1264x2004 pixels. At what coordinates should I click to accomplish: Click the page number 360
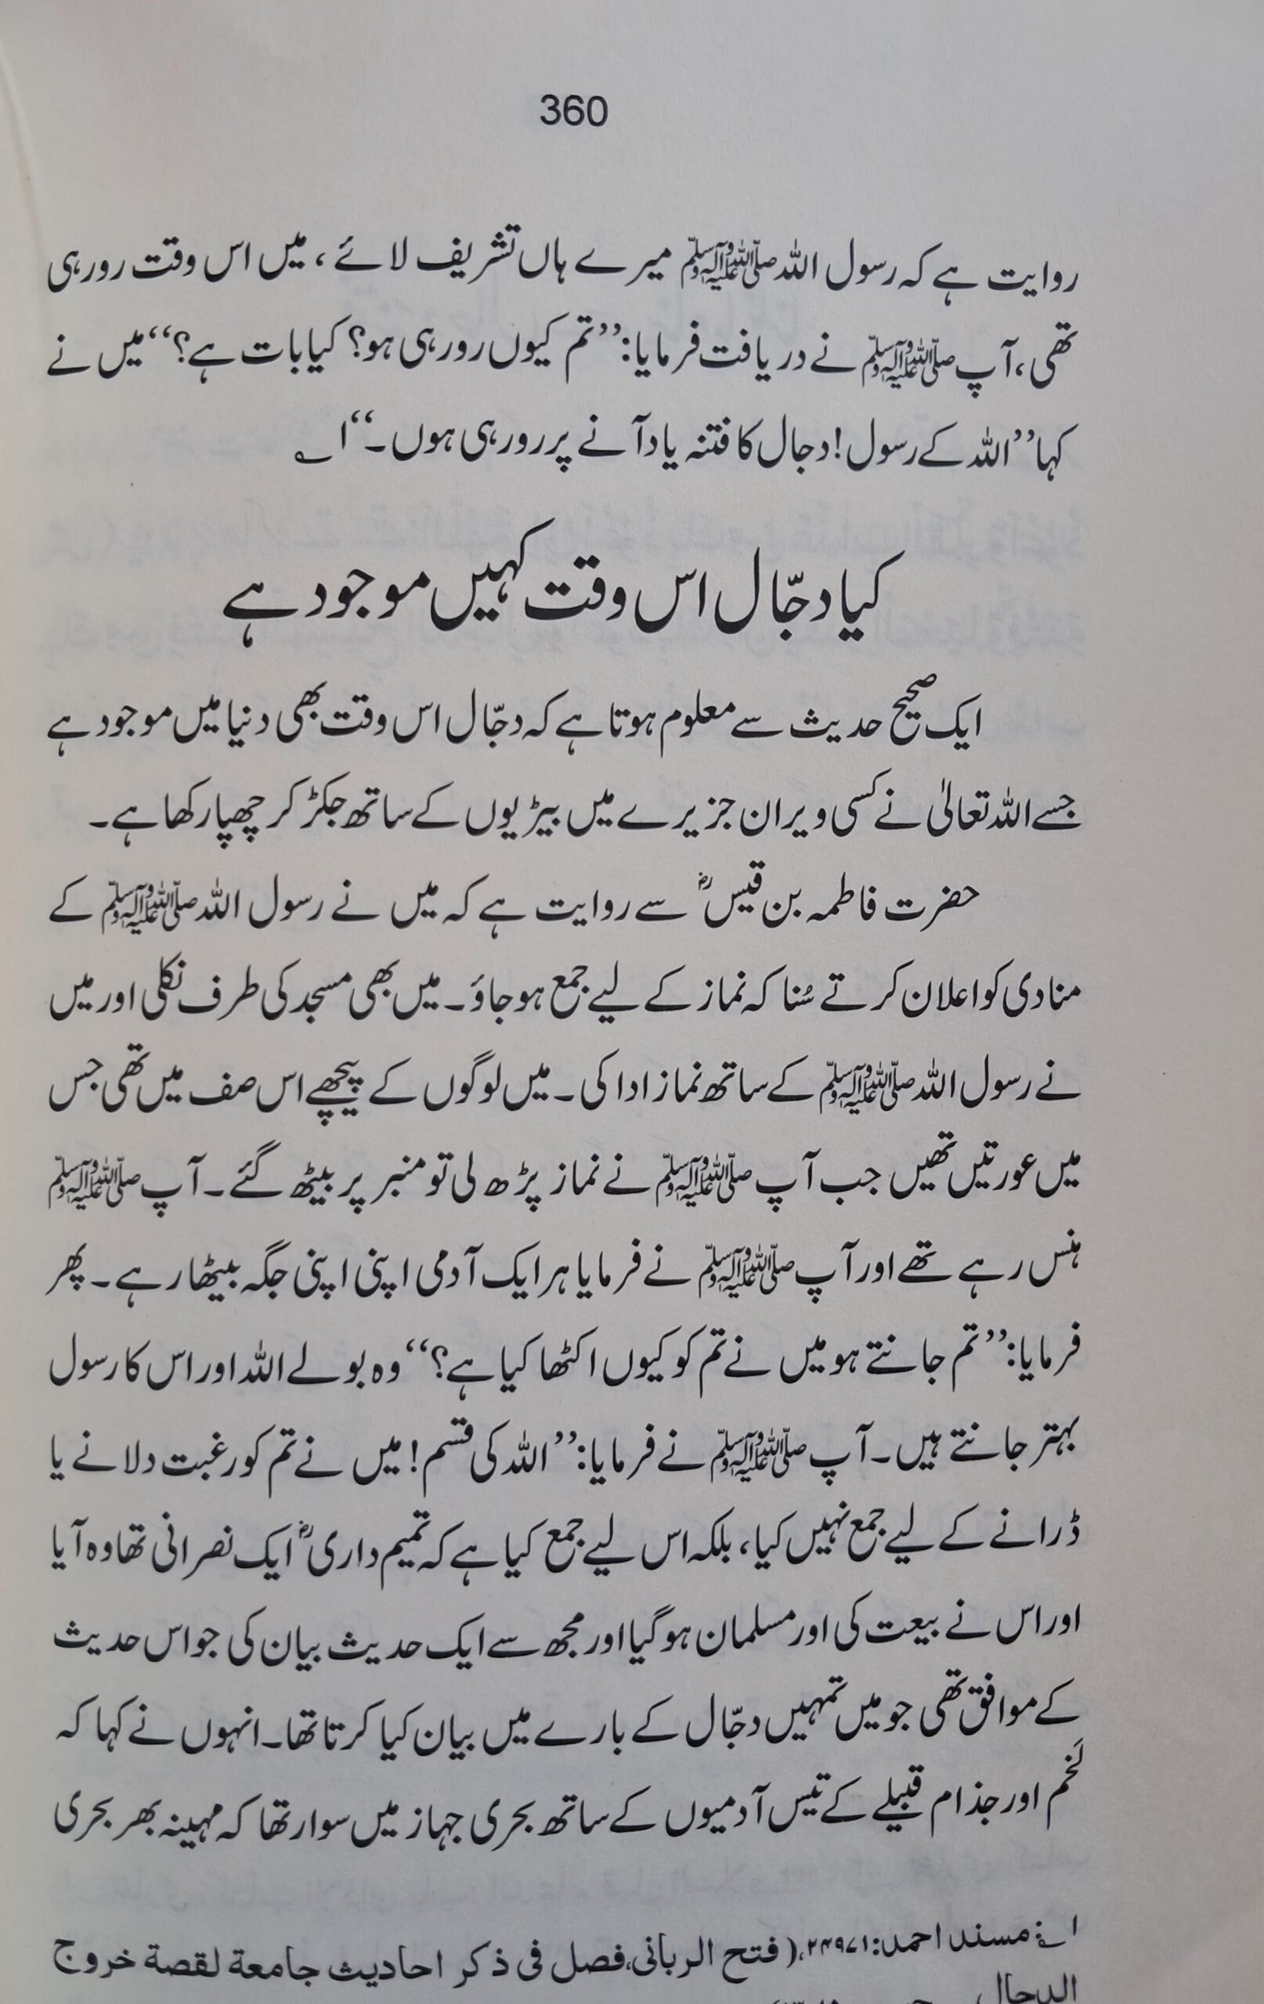574,111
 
